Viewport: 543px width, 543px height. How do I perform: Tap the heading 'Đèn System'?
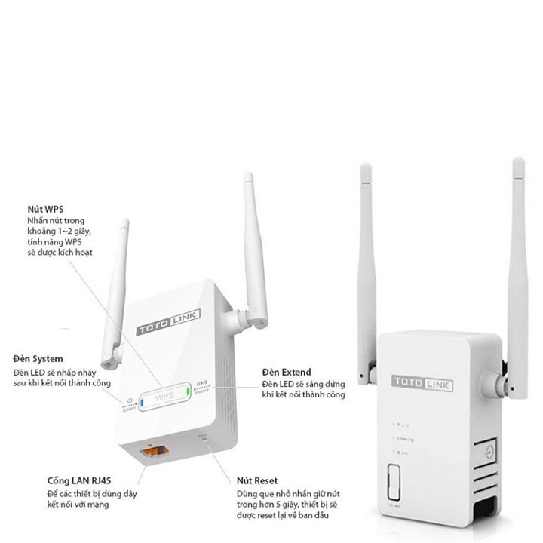coord(38,358)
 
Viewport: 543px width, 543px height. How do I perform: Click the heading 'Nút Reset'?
coord(257,480)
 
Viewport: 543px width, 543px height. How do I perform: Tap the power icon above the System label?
coord(131,401)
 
